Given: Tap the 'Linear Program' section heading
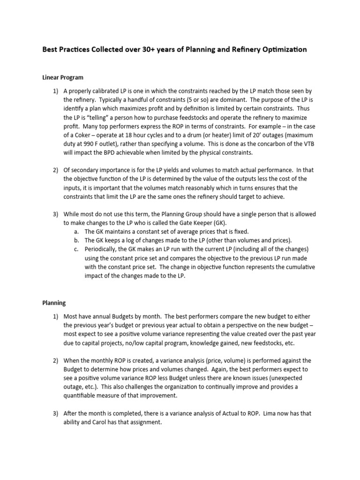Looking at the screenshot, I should click(63, 77).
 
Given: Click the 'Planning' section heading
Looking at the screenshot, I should click(54, 303).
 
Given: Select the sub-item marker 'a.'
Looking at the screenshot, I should click(76, 232).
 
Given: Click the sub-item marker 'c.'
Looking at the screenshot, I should click(76, 249).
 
